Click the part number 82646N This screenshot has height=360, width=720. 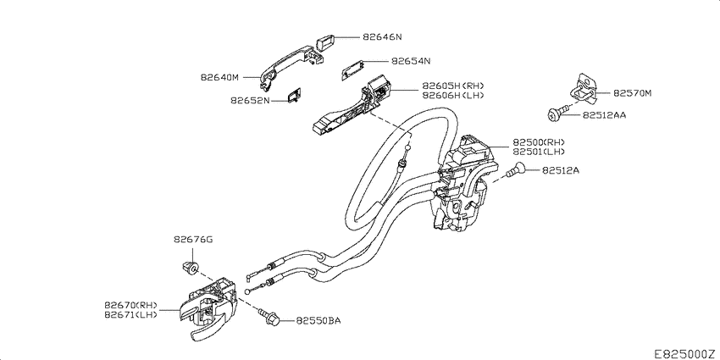382,37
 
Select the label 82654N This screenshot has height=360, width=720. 411,61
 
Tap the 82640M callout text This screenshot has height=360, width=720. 219,78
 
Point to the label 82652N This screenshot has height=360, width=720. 250,100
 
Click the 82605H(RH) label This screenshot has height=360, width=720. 453,86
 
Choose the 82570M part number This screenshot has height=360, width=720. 632,93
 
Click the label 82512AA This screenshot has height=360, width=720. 604,115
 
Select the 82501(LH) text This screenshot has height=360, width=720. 539,152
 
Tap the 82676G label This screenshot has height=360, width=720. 193,240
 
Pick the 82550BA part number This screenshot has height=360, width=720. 318,320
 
